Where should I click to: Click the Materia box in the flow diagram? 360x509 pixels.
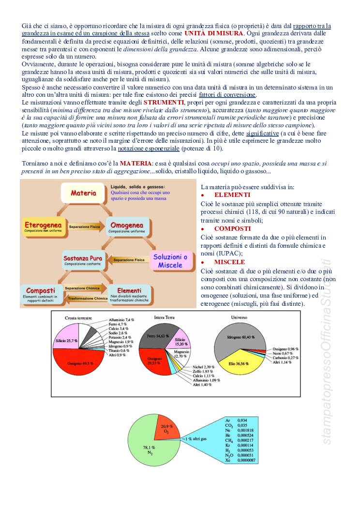[x=83, y=193]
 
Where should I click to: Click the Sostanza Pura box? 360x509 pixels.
[x=84, y=261]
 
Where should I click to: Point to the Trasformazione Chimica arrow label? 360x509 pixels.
[x=87, y=299]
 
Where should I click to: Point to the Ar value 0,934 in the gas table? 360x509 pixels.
[x=244, y=420]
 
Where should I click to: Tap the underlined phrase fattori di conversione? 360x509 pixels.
[x=227, y=95]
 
